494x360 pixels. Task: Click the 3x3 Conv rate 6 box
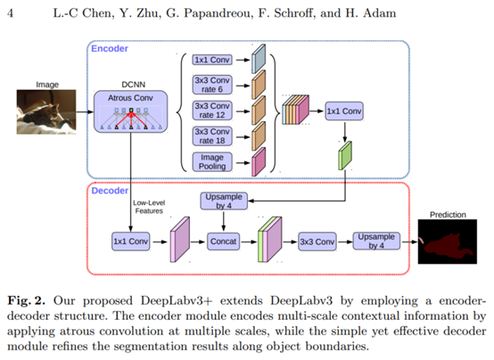(x=212, y=85)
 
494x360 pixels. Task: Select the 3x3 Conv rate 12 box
(x=212, y=110)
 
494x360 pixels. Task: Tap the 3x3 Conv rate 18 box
(x=212, y=136)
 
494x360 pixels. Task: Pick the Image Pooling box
(x=212, y=162)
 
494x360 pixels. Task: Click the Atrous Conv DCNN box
(x=130, y=111)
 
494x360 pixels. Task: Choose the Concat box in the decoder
(x=223, y=241)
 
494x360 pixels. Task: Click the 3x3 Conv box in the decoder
(x=317, y=241)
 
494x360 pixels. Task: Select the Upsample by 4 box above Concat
(x=224, y=201)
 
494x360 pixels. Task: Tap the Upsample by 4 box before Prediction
(x=376, y=241)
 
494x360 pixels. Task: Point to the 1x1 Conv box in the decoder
(x=130, y=241)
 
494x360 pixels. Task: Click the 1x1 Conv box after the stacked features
(x=343, y=111)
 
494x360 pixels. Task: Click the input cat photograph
(x=46, y=111)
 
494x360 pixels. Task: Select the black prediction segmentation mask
(x=448, y=241)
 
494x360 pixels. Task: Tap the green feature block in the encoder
(x=345, y=156)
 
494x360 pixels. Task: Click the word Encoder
(x=110, y=48)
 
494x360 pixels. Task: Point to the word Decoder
(x=110, y=191)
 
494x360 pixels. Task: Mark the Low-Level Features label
(x=149, y=207)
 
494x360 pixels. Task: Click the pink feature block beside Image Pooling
(x=259, y=162)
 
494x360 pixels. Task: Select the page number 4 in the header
(x=11, y=13)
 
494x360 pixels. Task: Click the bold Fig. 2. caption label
(x=27, y=301)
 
